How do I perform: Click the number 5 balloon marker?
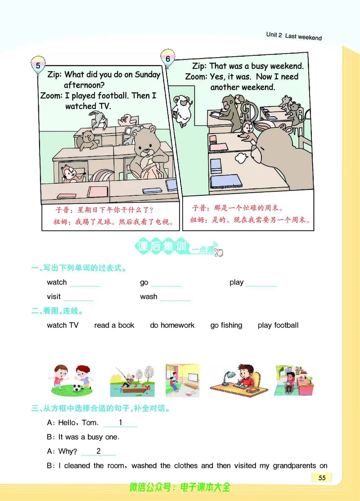38,65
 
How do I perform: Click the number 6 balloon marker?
168,58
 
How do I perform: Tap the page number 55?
322,478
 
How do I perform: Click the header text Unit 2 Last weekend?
294,36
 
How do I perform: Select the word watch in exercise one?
57,282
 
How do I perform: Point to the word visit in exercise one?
54,297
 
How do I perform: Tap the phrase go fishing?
226,325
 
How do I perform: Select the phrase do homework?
172,325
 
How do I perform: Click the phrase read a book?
114,325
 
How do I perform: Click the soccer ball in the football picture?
77,388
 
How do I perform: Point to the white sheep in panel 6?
181,110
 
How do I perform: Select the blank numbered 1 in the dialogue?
120,423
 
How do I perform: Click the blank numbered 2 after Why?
99,451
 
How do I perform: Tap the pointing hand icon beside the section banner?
218,252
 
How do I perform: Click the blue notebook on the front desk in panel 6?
225,181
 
